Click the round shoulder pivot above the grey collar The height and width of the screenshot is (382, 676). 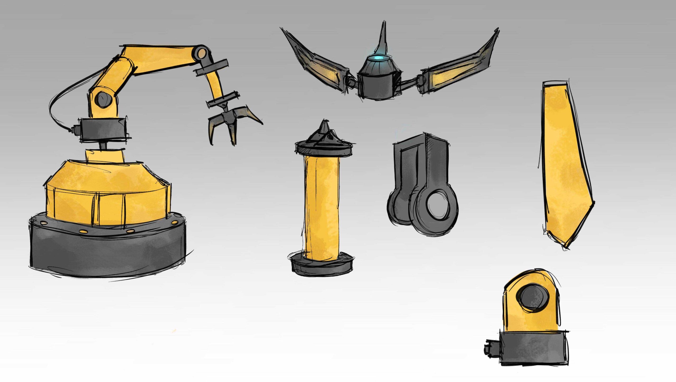103,99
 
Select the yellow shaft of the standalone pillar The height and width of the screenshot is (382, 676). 322,206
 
